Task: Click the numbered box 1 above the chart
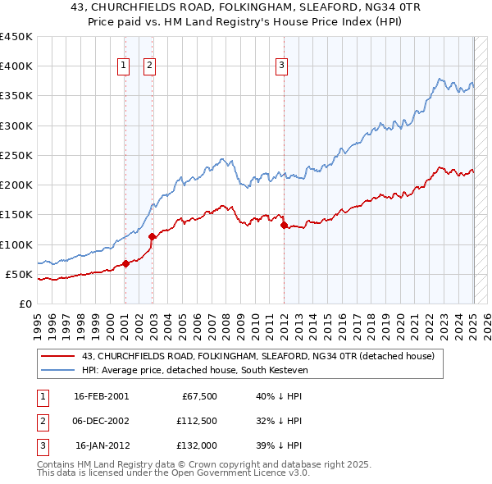(x=123, y=66)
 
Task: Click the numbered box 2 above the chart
(x=151, y=66)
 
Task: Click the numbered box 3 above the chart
(x=281, y=66)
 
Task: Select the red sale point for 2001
(x=125, y=263)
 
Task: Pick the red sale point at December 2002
(x=152, y=236)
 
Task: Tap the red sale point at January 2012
(x=284, y=225)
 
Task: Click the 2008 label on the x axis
(x=226, y=320)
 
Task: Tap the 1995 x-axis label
(x=38, y=320)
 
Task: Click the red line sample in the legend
(x=58, y=356)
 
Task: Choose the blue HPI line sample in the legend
(x=58, y=370)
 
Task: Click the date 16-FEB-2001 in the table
(x=101, y=396)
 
